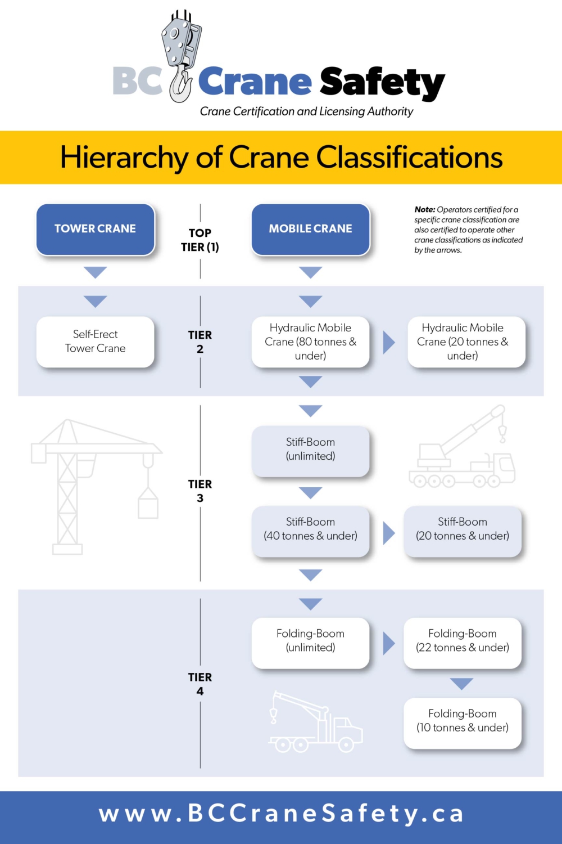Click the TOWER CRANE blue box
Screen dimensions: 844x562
click(95, 229)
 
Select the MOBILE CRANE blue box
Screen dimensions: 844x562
click(310, 229)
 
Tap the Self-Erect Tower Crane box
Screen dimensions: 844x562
click(95, 342)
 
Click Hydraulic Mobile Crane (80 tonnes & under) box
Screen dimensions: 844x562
click(310, 342)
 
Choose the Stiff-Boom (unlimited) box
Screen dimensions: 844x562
click(310, 450)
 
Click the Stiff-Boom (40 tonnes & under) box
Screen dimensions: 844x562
click(310, 529)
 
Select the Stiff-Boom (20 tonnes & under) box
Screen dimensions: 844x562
click(463, 529)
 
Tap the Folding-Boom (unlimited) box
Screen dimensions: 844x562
click(310, 641)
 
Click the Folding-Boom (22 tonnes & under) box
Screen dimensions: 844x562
click(463, 641)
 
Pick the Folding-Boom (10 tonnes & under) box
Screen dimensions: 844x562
click(463, 721)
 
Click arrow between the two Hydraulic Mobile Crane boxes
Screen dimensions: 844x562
click(388, 342)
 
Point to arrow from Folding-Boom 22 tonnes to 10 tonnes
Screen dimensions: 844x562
click(461, 684)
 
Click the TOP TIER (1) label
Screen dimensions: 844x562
click(200, 240)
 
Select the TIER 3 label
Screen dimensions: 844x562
click(200, 491)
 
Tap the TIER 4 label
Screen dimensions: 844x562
click(200, 684)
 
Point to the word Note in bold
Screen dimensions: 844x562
click(424, 210)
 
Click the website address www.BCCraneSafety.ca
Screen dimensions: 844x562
click(281, 814)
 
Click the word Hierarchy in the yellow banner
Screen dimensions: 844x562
click(124, 158)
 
